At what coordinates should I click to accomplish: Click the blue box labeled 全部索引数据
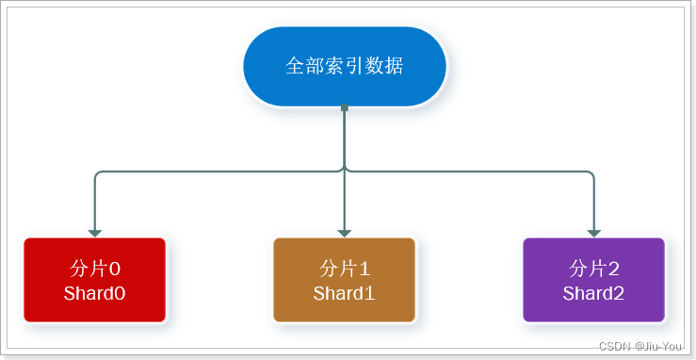pos(345,67)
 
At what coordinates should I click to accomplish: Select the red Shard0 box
pos(94,280)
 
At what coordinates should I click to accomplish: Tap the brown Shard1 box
pos(345,280)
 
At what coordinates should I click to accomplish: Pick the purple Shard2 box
pos(594,280)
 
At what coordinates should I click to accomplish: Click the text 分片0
pos(94,267)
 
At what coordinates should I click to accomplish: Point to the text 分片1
pos(345,267)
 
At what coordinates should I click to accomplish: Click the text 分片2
pos(594,267)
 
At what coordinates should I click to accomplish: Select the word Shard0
pos(94,293)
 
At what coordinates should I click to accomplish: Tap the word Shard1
pos(345,293)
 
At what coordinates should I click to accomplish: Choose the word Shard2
pos(594,293)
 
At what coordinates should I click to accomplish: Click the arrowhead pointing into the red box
pos(94,232)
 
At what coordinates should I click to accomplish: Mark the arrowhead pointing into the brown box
pos(345,232)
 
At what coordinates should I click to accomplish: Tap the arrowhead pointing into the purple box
pos(594,232)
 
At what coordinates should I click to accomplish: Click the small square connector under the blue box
pos(345,107)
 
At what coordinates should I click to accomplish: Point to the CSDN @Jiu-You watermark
pos(640,346)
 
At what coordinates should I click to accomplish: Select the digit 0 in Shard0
pos(120,293)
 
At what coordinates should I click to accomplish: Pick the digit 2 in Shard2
pos(619,293)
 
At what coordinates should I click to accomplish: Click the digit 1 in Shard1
pos(370,293)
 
